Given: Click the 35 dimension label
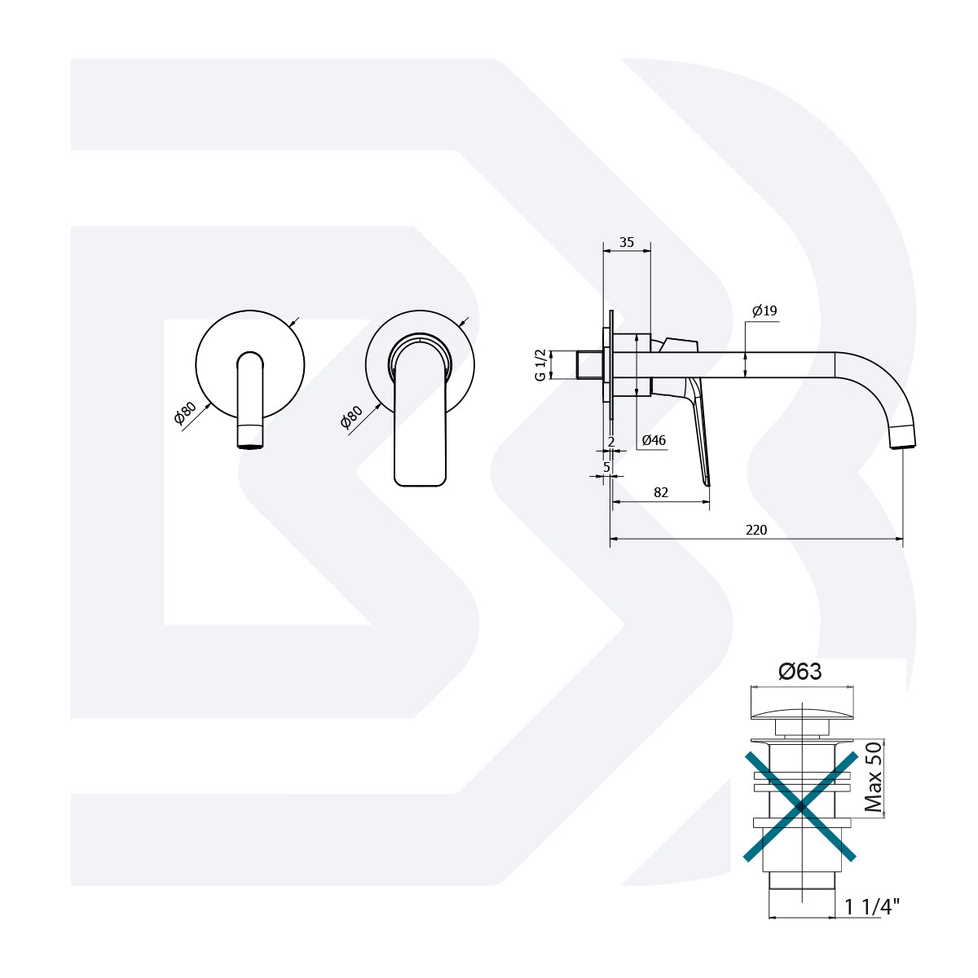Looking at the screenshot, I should pos(626,242).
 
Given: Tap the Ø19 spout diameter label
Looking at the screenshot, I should pos(764,311).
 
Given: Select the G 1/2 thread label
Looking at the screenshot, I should pos(540,365).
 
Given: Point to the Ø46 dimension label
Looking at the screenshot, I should pos(654,441).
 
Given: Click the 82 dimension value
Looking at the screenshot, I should pos(661,492).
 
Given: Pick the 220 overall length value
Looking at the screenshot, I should pos(756,530).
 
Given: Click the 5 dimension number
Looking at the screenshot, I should pos(606,467).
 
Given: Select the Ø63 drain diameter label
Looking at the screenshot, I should pos(800,672).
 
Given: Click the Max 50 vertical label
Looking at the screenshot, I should pos(874,777).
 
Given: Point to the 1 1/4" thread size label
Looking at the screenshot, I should pos(872,906).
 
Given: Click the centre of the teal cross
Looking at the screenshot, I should pos(801,806).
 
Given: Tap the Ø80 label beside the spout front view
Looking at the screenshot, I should pos(185,413).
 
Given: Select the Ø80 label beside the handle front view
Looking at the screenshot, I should pos(351,417).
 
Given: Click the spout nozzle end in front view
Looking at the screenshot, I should pos(250,440).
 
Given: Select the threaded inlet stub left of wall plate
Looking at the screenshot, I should pos(588,364).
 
